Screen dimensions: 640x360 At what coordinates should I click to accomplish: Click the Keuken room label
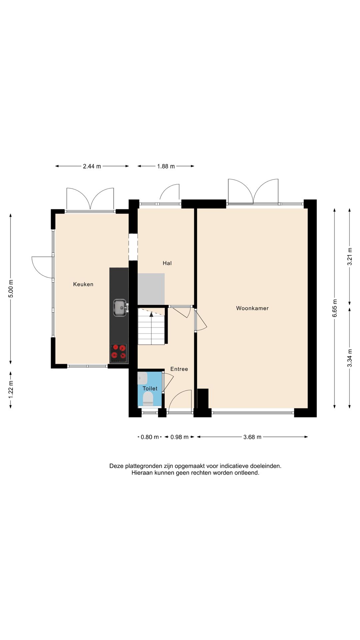(x=83, y=284)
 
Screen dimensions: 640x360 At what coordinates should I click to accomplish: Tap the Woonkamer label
(x=252, y=308)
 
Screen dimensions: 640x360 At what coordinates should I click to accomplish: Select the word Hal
(x=167, y=263)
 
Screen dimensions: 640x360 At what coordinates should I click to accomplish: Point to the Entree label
(x=179, y=369)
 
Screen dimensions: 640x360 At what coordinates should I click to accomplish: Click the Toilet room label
(x=150, y=389)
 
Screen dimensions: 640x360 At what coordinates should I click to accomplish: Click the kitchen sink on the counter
(x=120, y=308)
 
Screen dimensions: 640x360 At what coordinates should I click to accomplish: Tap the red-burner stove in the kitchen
(x=119, y=353)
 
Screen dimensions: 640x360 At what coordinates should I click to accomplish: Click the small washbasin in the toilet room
(x=142, y=378)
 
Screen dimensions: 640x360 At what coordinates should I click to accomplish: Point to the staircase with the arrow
(x=151, y=326)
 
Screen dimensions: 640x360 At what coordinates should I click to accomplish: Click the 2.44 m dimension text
(x=92, y=166)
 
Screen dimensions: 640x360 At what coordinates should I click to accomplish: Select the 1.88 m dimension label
(x=166, y=166)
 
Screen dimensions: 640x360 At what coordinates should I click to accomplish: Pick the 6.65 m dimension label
(x=335, y=308)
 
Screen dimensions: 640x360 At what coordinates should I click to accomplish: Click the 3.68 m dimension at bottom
(x=252, y=437)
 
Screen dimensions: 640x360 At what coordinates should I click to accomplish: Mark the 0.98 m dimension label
(x=179, y=437)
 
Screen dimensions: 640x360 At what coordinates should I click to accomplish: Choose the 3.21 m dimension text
(x=350, y=257)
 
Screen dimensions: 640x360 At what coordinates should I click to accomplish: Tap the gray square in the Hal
(x=151, y=289)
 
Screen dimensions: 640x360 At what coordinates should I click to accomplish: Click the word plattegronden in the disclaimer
(x=144, y=466)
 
